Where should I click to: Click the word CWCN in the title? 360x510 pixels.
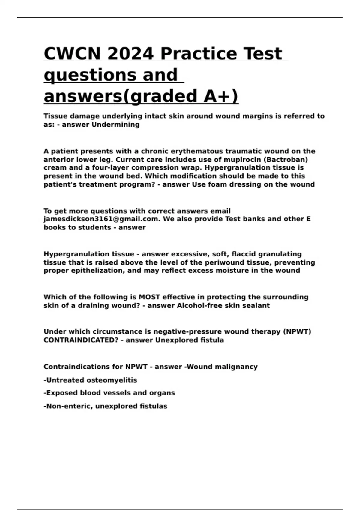click(72, 54)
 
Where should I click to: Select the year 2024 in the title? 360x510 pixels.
click(130, 54)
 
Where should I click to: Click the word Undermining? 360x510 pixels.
click(115, 124)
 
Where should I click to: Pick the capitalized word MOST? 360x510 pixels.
click(149, 297)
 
